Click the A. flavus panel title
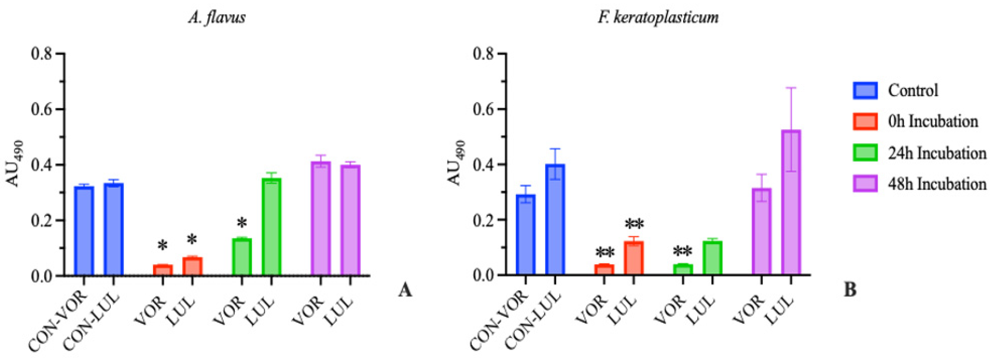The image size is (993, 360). point(217,18)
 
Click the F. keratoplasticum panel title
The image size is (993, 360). point(658,18)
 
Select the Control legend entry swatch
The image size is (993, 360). point(865,90)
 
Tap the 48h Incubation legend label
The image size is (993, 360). point(937,184)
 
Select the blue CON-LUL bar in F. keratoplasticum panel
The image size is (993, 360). point(555,220)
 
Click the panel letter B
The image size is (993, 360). point(850,289)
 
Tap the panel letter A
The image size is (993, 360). point(405,290)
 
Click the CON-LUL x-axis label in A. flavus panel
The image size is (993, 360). point(92,322)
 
